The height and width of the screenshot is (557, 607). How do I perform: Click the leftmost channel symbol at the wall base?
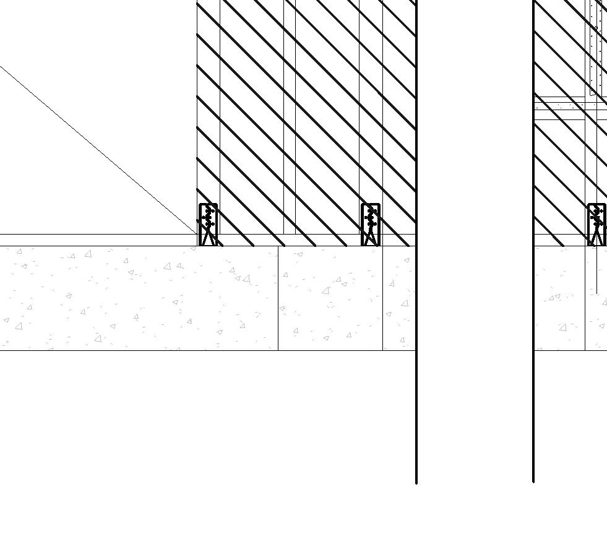[208, 225]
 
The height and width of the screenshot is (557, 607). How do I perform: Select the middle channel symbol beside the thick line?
[371, 225]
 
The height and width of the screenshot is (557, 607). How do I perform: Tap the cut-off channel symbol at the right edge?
[597, 225]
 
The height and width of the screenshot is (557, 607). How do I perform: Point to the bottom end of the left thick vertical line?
[416, 481]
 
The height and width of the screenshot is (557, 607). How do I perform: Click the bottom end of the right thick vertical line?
[533, 480]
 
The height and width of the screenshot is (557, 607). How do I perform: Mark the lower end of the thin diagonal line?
[196, 233]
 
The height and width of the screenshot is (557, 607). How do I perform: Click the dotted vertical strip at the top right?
[596, 43]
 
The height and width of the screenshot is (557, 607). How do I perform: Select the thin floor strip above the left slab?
[93, 240]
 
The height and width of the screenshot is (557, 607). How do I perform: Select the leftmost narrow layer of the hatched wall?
[209, 124]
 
